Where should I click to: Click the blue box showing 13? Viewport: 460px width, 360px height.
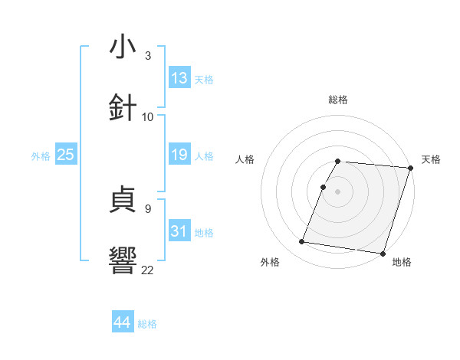pyautogui.click(x=179, y=78)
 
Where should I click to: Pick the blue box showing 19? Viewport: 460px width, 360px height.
pyautogui.click(x=179, y=155)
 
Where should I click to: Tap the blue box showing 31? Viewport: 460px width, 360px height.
pyautogui.click(x=179, y=231)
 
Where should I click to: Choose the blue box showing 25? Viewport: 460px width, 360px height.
pyautogui.click(x=66, y=155)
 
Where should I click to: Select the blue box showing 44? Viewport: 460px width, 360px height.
pyautogui.click(x=122, y=322)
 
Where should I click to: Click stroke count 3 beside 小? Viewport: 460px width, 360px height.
pyautogui.click(x=148, y=56)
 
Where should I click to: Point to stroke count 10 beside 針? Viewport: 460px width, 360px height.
pyautogui.click(x=148, y=116)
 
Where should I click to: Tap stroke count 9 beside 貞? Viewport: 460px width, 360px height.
pyautogui.click(x=148, y=208)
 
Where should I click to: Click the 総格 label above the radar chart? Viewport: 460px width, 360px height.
pyautogui.click(x=338, y=100)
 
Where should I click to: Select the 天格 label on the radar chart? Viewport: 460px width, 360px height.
pyautogui.click(x=431, y=159)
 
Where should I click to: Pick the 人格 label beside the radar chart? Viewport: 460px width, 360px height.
pyautogui.click(x=245, y=159)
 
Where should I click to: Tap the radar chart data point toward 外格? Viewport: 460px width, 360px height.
pyautogui.click(x=302, y=242)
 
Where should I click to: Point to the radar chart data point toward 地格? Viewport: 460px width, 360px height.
pyautogui.click(x=383, y=254)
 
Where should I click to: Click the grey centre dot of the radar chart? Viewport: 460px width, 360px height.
pyautogui.click(x=338, y=191)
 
